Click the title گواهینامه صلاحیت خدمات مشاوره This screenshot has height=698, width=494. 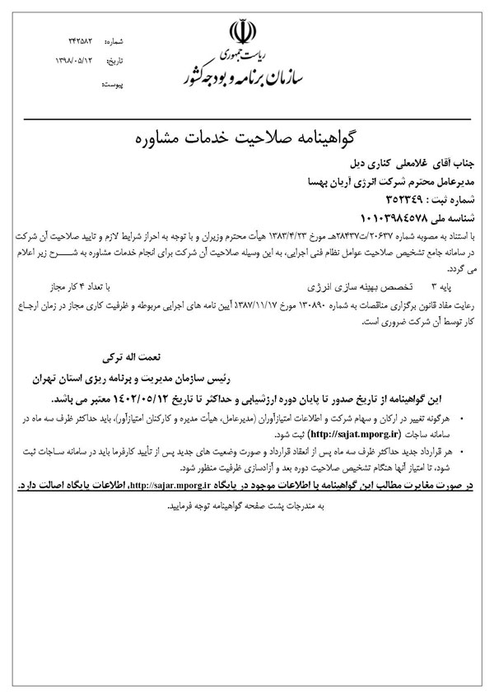coord(246,136)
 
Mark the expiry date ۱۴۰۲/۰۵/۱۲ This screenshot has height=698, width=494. coord(144,398)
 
